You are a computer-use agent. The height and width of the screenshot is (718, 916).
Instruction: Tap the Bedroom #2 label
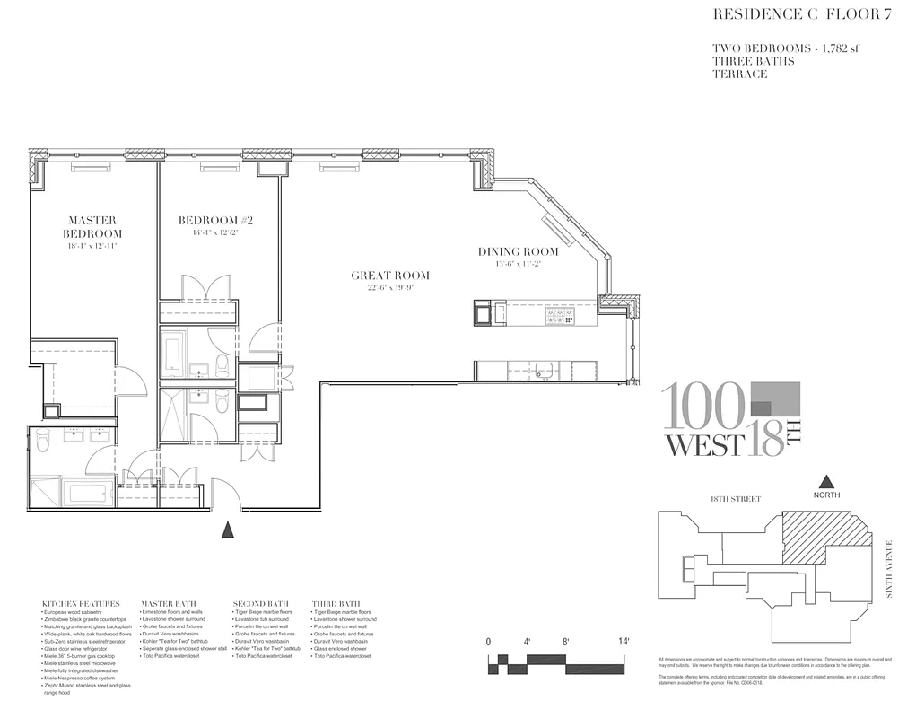(x=208, y=221)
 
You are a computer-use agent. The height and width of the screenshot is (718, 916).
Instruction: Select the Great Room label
(x=389, y=276)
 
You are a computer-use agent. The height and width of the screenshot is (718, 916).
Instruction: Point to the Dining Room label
(x=518, y=252)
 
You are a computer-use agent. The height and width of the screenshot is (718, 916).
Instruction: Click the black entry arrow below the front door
(x=228, y=530)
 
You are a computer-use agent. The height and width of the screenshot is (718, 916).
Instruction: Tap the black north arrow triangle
(x=826, y=483)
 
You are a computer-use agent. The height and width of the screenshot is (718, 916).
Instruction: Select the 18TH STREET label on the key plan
(x=735, y=499)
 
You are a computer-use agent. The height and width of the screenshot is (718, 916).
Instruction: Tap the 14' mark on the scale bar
(x=623, y=643)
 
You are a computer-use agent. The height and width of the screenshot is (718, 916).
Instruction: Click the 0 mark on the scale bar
(x=488, y=643)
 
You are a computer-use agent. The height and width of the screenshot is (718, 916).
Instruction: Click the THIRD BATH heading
(x=336, y=603)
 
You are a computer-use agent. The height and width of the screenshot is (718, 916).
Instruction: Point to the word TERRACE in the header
(x=740, y=74)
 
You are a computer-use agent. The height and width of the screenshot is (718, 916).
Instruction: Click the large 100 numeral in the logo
(x=702, y=407)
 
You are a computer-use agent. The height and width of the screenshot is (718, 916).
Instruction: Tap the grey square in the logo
(x=772, y=400)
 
